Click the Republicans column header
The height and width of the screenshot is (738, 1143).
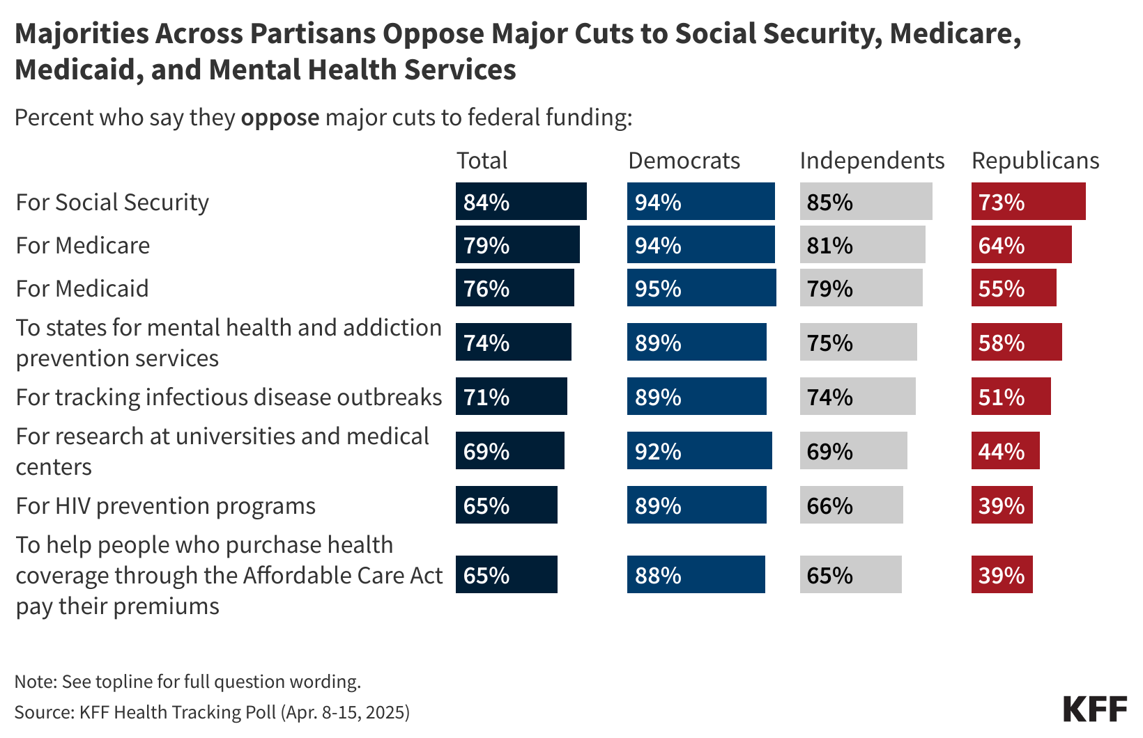1035,161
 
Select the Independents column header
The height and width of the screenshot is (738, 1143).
872,161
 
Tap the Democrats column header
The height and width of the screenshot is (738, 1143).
684,161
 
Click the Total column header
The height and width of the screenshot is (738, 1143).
482,161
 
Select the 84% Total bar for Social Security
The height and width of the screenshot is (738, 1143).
521,202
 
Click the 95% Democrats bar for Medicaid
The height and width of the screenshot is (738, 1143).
701,288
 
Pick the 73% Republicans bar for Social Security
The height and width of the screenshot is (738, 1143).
1028,202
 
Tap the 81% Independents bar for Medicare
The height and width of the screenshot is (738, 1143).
862,245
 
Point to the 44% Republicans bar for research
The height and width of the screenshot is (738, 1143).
1005,451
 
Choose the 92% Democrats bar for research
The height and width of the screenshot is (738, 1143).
699,451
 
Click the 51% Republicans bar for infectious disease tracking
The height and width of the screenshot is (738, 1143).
1011,397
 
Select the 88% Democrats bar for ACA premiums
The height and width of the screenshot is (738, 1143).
696,575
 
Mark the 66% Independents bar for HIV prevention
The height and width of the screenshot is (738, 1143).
851,505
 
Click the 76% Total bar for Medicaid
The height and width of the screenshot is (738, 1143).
514,288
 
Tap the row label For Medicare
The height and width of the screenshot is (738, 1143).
83,246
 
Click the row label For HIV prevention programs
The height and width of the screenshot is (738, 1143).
166,506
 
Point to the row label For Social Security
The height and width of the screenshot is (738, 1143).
112,203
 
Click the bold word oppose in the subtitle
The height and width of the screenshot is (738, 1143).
280,118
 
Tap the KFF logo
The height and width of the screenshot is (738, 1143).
1095,709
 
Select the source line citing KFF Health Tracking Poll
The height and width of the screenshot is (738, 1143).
212,712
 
